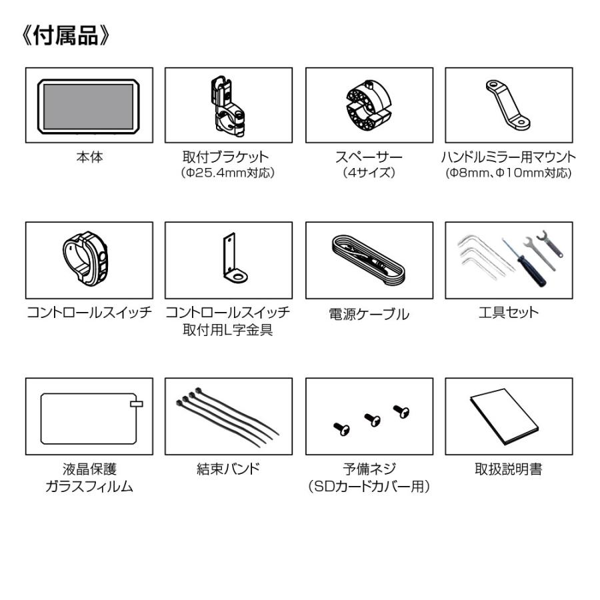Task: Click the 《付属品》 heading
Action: coord(65,36)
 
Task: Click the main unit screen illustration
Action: coord(89,105)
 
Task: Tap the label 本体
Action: coord(89,158)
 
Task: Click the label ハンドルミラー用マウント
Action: coord(509,158)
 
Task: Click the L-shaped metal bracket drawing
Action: coord(231,259)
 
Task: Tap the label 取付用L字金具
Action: coord(228,329)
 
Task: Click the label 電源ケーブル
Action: coord(369,313)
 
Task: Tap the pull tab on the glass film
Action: coord(137,404)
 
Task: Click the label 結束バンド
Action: coord(228,469)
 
